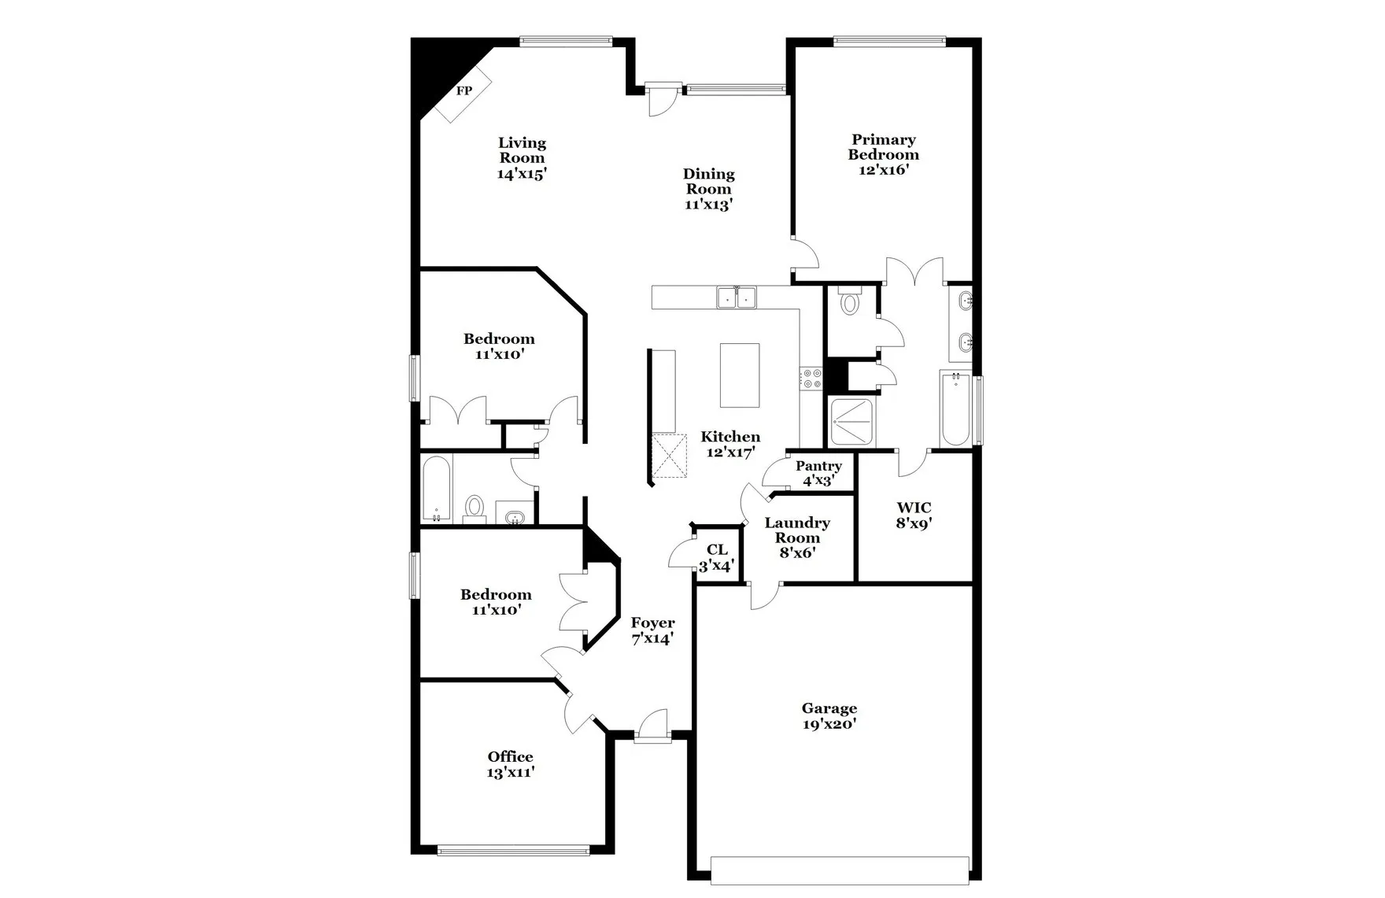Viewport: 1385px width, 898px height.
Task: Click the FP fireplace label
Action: (x=464, y=91)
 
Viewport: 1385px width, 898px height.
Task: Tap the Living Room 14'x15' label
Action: (x=522, y=158)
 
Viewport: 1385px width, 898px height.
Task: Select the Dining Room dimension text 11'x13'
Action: (x=708, y=205)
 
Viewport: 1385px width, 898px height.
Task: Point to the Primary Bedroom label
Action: (x=883, y=147)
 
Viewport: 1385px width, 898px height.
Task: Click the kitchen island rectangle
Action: (x=740, y=375)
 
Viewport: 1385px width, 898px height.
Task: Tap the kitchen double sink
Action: (x=736, y=297)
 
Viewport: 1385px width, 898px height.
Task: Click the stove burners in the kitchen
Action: (x=811, y=379)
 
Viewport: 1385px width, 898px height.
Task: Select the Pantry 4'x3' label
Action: (x=818, y=473)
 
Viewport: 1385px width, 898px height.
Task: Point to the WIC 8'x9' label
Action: (x=914, y=516)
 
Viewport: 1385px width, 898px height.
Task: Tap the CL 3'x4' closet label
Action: (x=717, y=558)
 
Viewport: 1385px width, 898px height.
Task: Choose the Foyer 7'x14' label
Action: (x=652, y=631)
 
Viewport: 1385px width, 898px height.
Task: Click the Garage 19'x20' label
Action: (x=829, y=716)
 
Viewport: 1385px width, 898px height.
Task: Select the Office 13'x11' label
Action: (x=511, y=764)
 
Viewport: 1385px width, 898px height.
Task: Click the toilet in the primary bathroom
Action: (x=850, y=302)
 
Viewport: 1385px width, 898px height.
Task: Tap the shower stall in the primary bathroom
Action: (x=851, y=423)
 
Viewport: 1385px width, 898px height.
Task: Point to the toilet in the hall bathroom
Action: (x=475, y=508)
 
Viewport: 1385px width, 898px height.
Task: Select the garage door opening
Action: (x=839, y=869)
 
